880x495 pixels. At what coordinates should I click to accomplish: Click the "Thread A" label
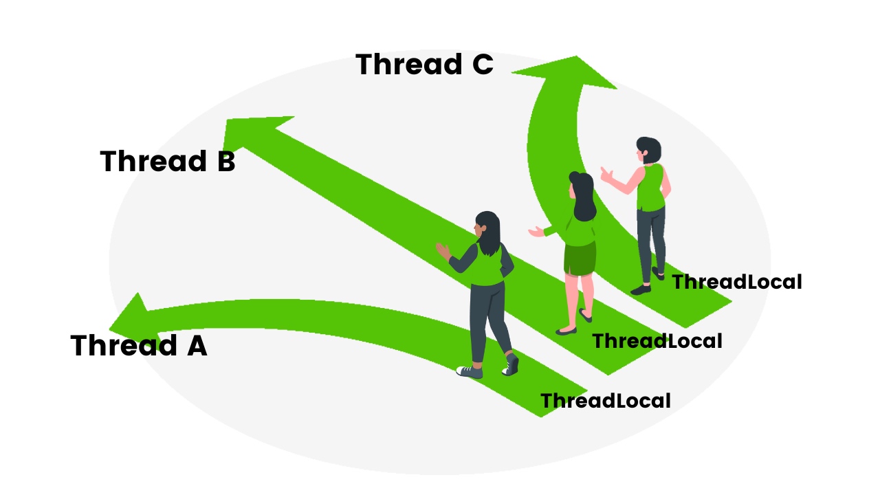coord(138,346)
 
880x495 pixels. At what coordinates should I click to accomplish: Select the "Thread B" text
coord(168,162)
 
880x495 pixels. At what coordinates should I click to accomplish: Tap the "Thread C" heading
coord(424,65)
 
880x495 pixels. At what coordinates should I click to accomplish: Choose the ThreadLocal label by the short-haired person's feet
coord(736,282)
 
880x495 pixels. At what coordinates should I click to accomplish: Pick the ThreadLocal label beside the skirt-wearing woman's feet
coord(657,341)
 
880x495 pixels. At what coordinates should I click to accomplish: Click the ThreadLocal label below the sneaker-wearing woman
coord(605,401)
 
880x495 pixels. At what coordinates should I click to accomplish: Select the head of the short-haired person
coord(648,150)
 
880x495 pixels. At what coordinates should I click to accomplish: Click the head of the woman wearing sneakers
coord(487,228)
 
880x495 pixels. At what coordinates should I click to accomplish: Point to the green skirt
coord(580,258)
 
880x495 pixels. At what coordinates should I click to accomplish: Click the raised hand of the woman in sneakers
coord(442,249)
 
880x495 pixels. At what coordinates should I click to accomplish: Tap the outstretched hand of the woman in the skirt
coord(536,232)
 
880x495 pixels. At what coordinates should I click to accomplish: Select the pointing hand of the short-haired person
coord(606,174)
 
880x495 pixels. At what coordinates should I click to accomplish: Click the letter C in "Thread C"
coord(481,65)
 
